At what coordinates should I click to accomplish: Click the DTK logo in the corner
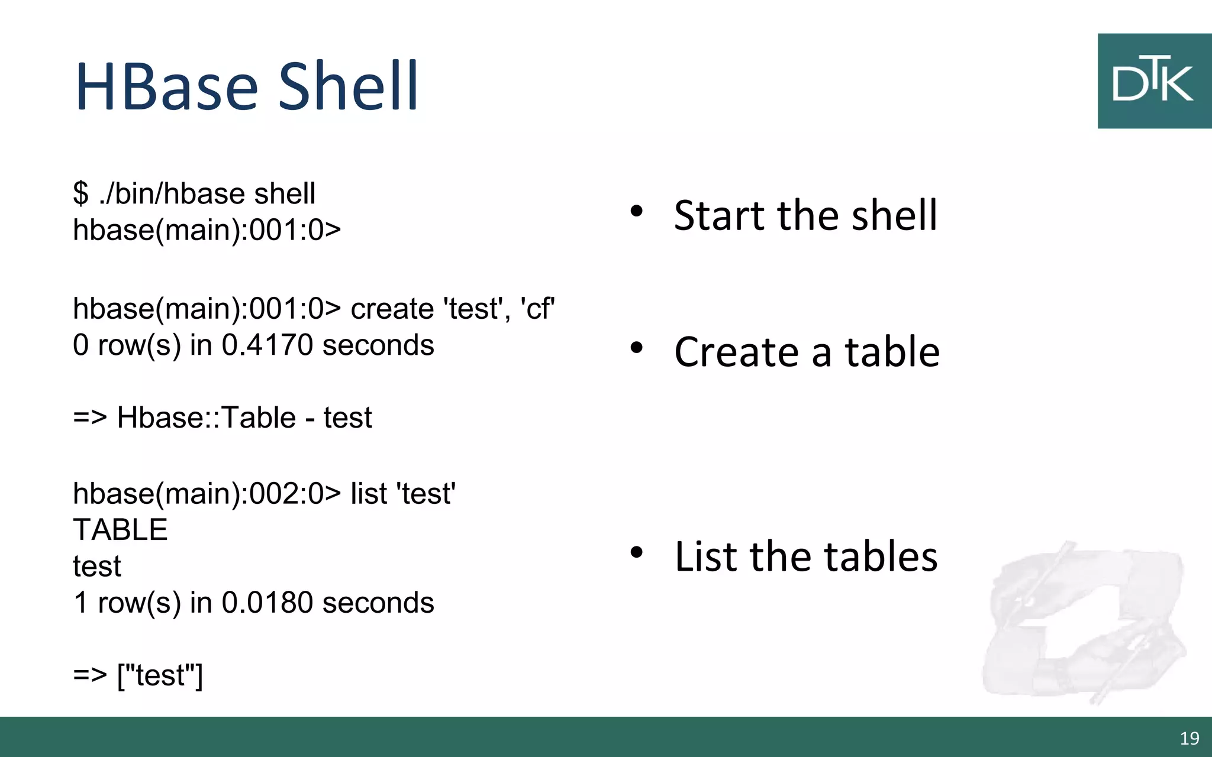1153,81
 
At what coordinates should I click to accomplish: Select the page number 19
1190,738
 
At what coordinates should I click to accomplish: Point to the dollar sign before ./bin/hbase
80,193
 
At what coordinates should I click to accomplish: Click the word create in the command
392,309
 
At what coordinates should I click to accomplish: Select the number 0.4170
267,345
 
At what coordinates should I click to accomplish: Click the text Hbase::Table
207,418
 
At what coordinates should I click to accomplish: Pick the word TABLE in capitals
120,529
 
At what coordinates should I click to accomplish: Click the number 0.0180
267,603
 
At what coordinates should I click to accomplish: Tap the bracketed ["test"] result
160,675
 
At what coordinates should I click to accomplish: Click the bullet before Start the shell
636,211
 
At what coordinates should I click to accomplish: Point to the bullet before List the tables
636,552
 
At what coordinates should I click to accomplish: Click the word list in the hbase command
369,493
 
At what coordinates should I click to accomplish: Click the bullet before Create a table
636,348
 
